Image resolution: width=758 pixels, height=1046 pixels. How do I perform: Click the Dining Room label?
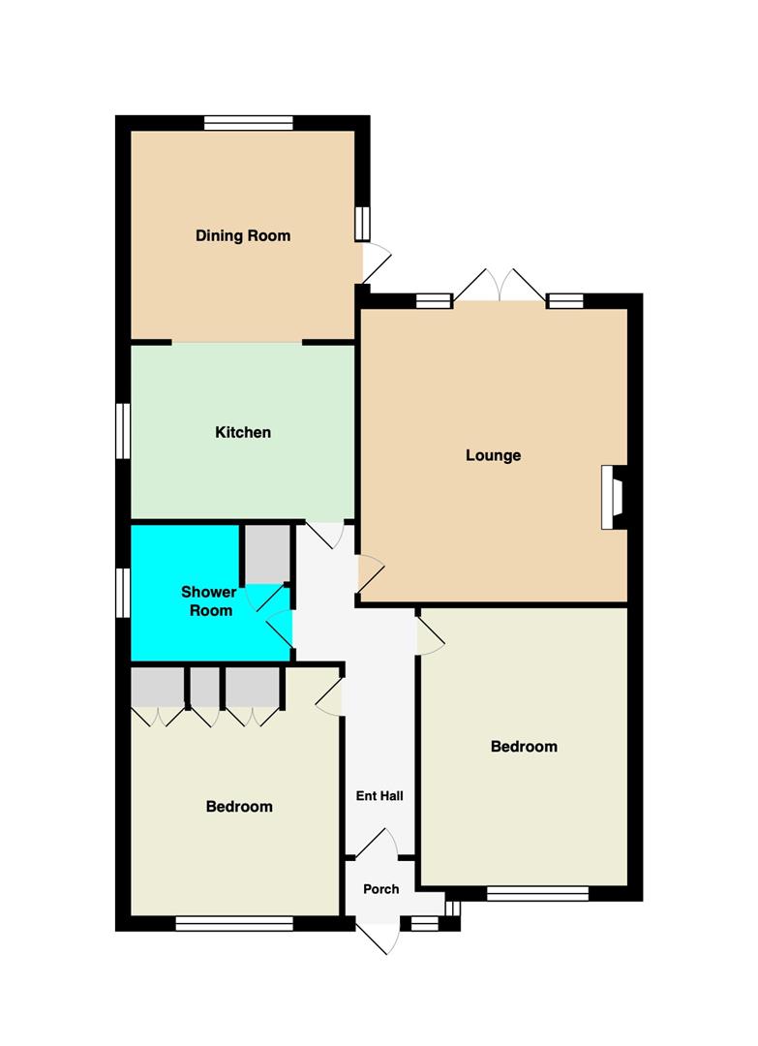point(243,235)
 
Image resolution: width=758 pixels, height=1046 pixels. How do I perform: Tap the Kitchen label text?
point(243,432)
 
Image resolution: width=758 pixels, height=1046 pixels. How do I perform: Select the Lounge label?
point(494,455)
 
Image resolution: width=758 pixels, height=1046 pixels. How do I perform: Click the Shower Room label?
point(209,601)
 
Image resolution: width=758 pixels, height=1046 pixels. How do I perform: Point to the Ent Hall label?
point(379,796)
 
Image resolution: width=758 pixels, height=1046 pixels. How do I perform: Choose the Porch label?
point(381,889)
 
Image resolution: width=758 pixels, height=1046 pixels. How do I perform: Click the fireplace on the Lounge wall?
point(614,497)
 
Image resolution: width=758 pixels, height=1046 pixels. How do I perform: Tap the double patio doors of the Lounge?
point(500,286)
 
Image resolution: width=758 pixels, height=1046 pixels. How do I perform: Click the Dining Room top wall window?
point(249,123)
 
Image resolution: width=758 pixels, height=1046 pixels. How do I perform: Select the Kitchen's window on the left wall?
point(123,431)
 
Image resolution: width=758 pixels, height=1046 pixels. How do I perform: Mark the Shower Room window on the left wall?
point(123,593)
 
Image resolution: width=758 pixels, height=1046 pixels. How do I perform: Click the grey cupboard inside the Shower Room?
point(264,554)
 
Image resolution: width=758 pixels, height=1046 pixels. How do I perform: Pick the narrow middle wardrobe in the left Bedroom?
point(204,687)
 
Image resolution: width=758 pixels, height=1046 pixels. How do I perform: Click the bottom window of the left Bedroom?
point(234,923)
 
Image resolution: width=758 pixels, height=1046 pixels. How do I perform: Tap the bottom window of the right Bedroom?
point(538,893)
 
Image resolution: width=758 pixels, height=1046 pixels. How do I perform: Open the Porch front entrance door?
point(379,937)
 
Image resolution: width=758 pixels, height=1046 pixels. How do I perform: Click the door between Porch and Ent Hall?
point(377,844)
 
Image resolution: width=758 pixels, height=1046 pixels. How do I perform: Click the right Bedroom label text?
point(524,747)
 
